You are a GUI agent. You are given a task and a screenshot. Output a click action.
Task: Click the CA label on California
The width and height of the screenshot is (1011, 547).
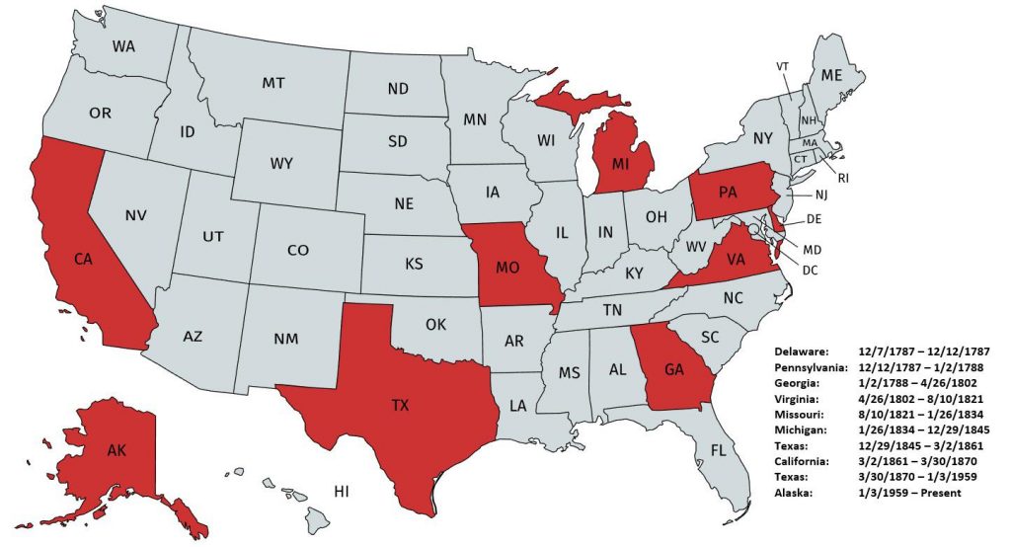point(83,259)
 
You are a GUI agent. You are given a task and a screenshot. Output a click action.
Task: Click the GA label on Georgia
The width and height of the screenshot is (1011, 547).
point(673,370)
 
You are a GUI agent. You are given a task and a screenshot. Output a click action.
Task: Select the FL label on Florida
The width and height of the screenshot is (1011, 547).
point(718,449)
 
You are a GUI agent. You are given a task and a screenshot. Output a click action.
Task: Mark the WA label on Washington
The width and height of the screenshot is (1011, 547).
point(123,45)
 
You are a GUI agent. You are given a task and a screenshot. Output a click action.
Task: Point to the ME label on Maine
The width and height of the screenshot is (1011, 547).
point(832,75)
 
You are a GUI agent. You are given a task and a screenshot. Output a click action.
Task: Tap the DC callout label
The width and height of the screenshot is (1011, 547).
point(808,269)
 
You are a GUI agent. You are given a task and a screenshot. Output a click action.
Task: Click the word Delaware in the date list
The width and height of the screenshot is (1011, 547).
point(803,351)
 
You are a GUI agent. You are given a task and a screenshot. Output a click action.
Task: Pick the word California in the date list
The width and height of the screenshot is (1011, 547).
point(804,460)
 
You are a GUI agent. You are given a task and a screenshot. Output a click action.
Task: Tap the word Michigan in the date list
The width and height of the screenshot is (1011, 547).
point(802,430)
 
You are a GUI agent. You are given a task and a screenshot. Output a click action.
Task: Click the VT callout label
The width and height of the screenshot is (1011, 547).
point(783,66)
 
